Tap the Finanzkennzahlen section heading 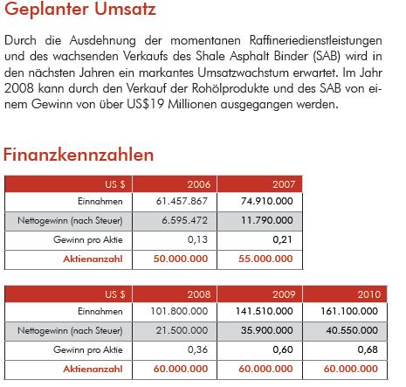79,155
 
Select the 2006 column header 198,183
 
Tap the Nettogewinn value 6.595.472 182,218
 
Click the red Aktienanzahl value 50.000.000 179,258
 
